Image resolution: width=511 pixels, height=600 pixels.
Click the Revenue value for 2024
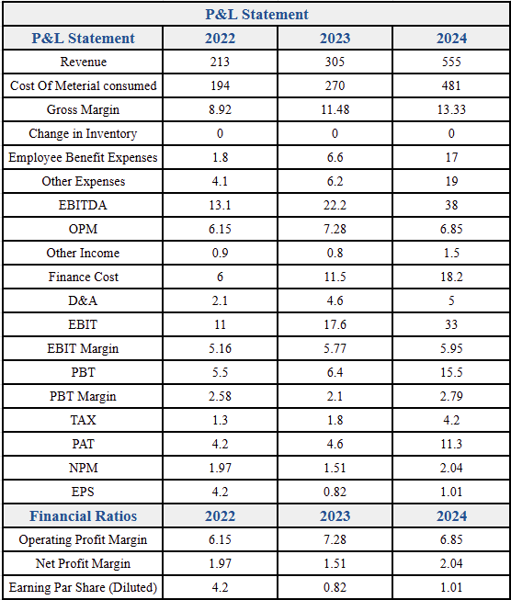(451, 62)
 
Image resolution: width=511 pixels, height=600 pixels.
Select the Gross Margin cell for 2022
(220, 109)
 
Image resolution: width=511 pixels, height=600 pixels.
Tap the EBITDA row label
(83, 205)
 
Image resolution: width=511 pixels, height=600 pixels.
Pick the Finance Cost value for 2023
(335, 277)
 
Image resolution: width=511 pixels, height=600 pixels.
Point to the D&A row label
(83, 300)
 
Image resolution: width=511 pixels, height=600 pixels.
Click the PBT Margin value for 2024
(451, 396)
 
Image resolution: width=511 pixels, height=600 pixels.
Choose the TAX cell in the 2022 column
(220, 420)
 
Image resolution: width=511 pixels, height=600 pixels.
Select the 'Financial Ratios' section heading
(83, 515)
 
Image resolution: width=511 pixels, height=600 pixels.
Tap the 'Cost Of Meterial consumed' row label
(83, 85)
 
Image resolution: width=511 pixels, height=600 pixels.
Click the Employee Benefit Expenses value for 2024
(451, 157)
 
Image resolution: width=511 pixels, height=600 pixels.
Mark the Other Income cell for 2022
(220, 253)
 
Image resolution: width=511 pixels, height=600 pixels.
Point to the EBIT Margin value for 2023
(335, 348)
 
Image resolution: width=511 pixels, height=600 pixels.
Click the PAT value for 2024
(451, 444)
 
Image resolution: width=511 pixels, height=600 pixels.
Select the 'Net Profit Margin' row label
(83, 563)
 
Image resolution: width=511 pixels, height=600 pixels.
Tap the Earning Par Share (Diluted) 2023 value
(335, 587)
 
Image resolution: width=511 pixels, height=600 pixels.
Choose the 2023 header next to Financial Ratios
(335, 515)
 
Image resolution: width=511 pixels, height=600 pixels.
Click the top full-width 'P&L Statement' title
(256, 14)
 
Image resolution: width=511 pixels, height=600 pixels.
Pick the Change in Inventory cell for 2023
(335, 133)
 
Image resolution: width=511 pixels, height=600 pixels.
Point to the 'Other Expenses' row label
(83, 181)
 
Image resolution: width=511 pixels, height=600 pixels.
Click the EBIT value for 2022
(220, 324)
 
